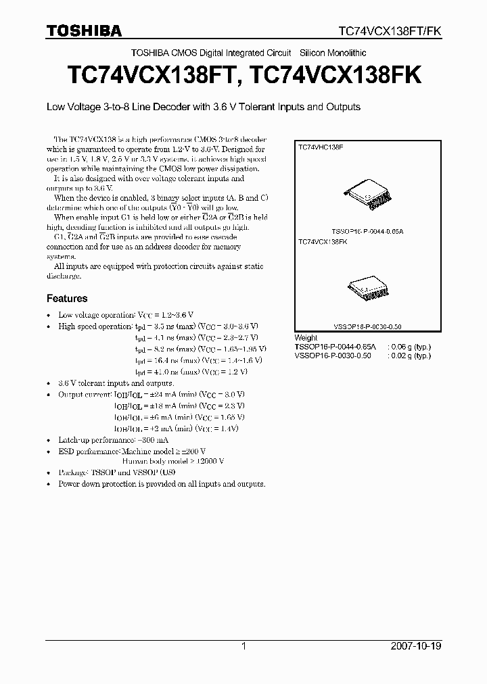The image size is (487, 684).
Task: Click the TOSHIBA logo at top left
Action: (84, 30)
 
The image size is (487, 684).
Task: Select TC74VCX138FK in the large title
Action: (335, 75)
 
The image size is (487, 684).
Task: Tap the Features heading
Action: (67, 298)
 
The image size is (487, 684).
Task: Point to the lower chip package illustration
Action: (365, 289)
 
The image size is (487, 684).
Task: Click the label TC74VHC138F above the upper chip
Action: (321, 146)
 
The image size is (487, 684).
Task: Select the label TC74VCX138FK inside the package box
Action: (323, 241)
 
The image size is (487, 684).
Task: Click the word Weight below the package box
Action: (306, 337)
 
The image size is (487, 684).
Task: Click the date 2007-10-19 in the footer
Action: (416, 646)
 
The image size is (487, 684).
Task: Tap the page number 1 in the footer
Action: (243, 646)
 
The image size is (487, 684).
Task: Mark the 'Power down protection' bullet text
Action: (162, 484)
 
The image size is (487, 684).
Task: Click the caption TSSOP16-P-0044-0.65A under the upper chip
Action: (367, 230)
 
